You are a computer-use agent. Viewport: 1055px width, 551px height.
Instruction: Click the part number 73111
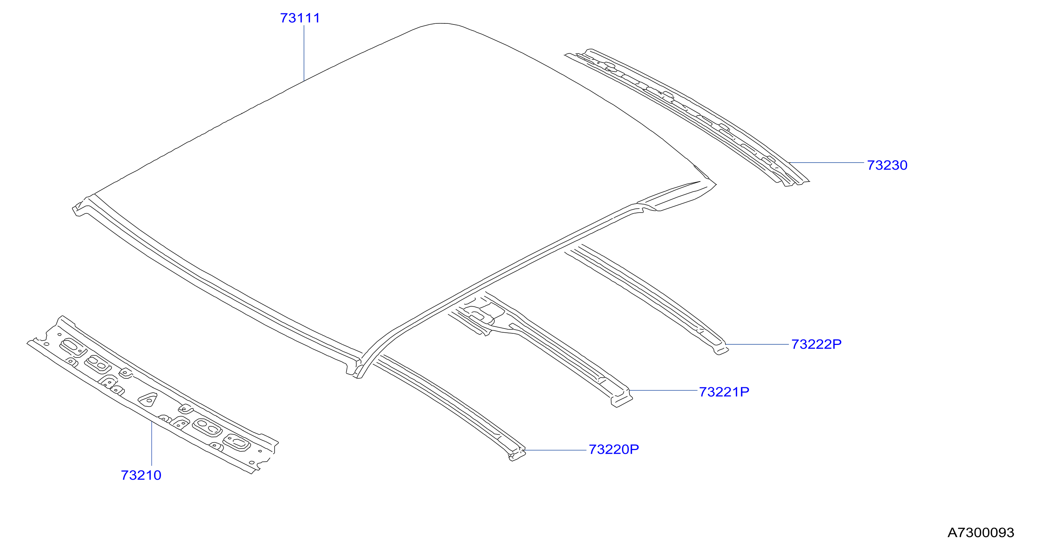(300, 18)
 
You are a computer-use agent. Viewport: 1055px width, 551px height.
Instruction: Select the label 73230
(887, 165)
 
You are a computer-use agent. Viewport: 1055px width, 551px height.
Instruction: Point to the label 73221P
(724, 392)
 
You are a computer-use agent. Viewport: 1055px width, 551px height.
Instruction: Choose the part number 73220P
(613, 449)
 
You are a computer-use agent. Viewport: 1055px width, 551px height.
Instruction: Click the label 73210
(141, 475)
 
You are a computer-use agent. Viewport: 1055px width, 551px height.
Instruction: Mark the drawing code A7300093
(980, 532)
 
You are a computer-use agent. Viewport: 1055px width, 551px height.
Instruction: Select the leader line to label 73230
(826, 163)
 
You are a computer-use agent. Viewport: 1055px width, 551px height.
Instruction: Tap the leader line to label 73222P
(757, 345)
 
